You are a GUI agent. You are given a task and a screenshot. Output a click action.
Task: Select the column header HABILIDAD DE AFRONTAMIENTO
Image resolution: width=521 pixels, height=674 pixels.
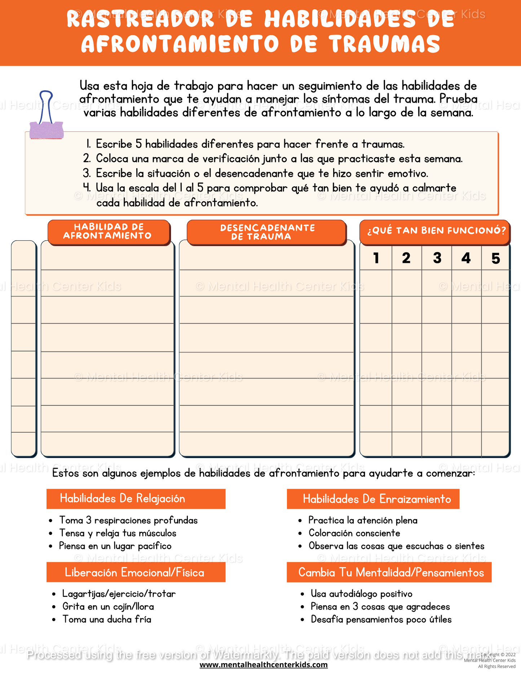tap(107, 231)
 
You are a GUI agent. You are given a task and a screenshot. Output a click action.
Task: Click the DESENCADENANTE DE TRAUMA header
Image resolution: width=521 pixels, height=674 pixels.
tap(267, 232)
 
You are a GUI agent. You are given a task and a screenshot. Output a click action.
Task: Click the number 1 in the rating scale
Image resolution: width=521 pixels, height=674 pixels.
tap(376, 258)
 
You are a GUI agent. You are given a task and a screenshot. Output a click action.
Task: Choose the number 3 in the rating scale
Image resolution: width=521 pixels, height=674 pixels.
tap(437, 258)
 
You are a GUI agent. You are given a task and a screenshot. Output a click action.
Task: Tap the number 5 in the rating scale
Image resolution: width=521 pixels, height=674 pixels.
tap(496, 258)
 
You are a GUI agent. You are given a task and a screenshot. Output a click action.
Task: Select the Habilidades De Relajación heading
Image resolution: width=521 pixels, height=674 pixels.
tap(123, 499)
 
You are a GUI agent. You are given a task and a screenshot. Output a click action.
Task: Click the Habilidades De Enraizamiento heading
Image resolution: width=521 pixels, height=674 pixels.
tap(377, 499)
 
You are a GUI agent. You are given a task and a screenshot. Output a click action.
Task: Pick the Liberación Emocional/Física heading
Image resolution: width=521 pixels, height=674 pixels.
tap(134, 572)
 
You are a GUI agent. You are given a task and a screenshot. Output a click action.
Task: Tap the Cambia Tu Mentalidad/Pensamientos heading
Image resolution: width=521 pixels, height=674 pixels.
tap(391, 572)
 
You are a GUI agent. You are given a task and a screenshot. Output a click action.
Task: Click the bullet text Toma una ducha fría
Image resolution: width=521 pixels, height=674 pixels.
tap(107, 619)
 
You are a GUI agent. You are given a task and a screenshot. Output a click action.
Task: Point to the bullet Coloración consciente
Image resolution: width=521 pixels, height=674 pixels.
tap(354, 533)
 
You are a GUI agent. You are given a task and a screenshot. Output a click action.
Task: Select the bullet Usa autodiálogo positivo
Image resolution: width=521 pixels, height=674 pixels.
tap(361, 594)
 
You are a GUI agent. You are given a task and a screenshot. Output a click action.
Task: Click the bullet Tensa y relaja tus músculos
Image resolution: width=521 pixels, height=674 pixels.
tap(118, 533)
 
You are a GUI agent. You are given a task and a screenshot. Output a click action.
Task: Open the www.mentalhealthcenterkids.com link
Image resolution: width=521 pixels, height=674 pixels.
tap(264, 665)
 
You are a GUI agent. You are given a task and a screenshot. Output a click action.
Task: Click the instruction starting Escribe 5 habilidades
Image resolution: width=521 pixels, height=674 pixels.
tap(250, 144)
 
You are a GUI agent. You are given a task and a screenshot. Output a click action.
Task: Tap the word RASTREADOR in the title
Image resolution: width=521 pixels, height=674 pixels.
tap(141, 19)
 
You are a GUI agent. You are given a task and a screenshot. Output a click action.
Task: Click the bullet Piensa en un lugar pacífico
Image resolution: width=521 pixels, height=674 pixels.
tap(115, 546)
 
